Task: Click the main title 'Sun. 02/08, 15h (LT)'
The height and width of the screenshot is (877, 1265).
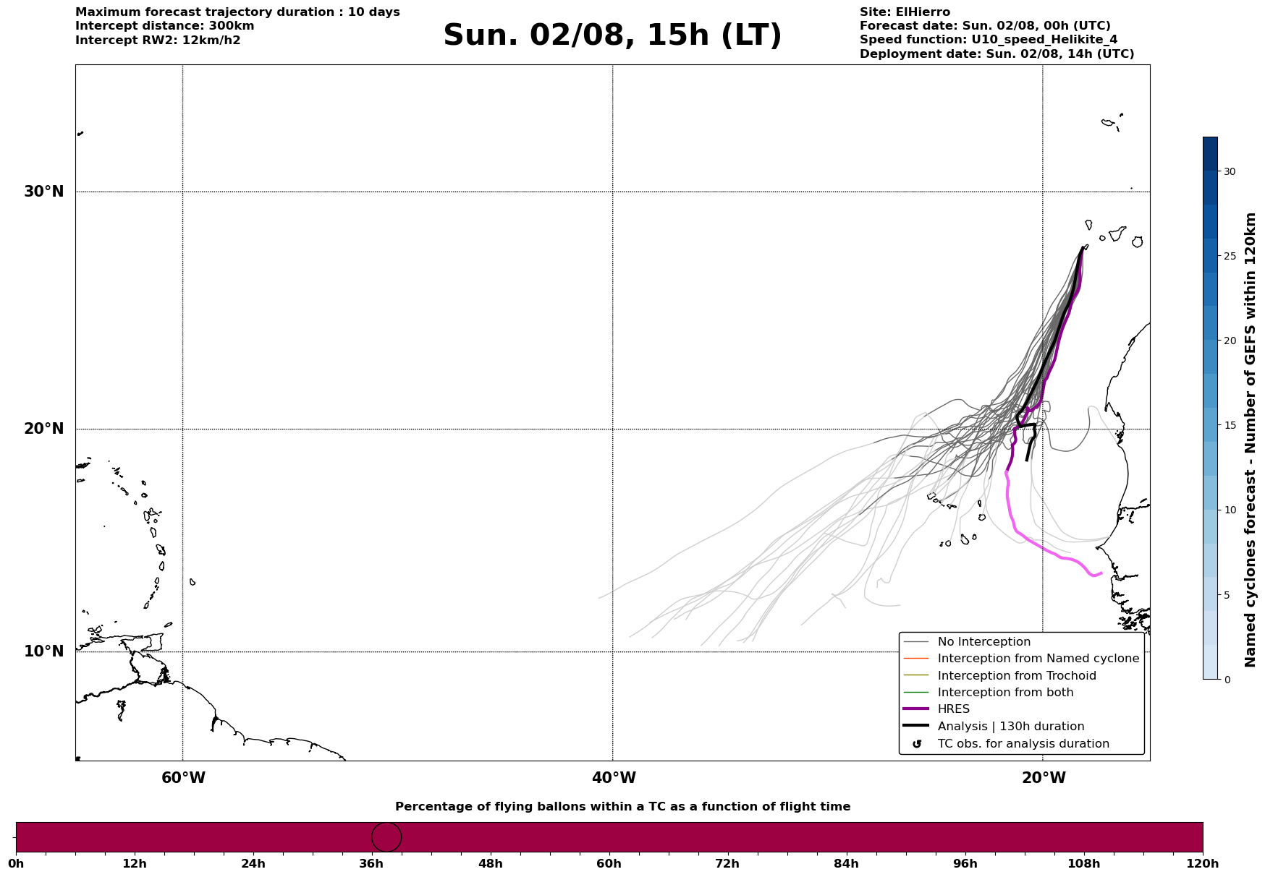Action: (x=612, y=35)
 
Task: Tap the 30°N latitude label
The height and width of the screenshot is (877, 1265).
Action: (x=43, y=192)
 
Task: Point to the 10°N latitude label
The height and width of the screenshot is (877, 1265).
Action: (x=43, y=651)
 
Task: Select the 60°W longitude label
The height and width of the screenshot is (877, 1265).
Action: (x=183, y=778)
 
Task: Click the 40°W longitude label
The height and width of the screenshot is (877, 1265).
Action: (x=614, y=778)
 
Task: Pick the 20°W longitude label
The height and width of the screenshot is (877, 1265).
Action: (x=1044, y=778)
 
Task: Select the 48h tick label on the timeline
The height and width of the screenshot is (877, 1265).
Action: (x=490, y=864)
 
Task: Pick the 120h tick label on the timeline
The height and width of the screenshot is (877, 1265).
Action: (x=1202, y=864)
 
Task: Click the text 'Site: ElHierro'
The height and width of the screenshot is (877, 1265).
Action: (x=905, y=12)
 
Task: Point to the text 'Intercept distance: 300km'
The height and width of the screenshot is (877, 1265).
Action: (x=165, y=26)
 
